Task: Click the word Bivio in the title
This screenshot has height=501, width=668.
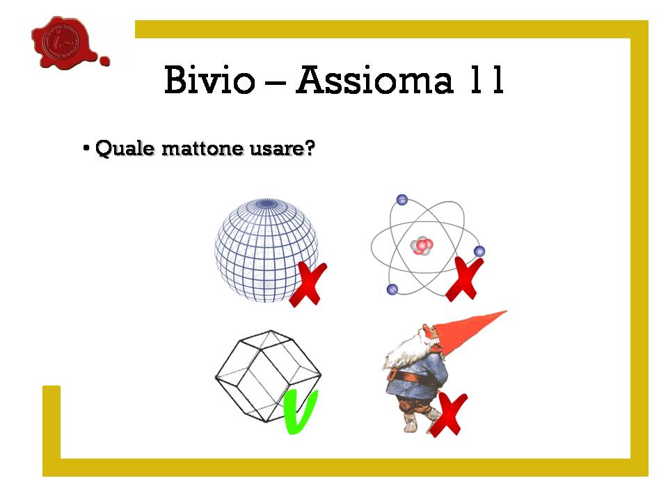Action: pyautogui.click(x=209, y=79)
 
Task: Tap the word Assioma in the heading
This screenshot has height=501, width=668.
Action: pyautogui.click(x=374, y=79)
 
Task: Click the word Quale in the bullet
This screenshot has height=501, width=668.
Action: pyautogui.click(x=125, y=148)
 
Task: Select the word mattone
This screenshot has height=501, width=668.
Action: pyautogui.click(x=202, y=149)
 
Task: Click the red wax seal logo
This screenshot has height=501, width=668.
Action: pyautogui.click(x=65, y=42)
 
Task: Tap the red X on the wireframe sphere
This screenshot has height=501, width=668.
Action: pyautogui.click(x=308, y=284)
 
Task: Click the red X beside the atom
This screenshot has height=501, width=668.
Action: pyautogui.click(x=465, y=279)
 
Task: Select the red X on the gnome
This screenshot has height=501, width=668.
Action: pyautogui.click(x=449, y=415)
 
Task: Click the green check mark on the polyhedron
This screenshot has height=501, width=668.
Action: pyautogui.click(x=301, y=412)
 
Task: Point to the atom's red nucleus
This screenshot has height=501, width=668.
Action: pyautogui.click(x=422, y=246)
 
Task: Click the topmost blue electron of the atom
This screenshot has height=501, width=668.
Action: pyautogui.click(x=401, y=200)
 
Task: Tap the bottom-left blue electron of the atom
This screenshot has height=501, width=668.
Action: pyautogui.click(x=392, y=289)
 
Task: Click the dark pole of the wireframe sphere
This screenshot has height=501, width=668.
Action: pyautogui.click(x=267, y=204)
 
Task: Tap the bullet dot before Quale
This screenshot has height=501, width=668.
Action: pyautogui.click(x=86, y=148)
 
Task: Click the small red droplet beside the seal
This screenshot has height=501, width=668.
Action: pyautogui.click(x=104, y=61)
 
